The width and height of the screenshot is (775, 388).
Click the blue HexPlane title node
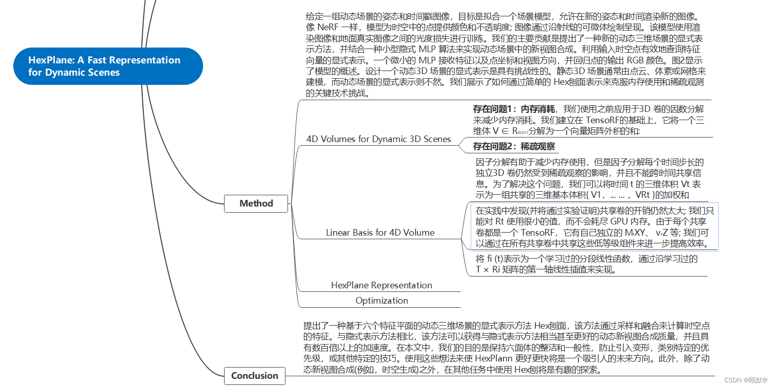[108, 66]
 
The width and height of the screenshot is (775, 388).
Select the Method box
[256, 203]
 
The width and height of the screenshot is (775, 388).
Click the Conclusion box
[254, 376]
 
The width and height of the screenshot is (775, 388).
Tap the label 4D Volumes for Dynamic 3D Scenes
[379, 139]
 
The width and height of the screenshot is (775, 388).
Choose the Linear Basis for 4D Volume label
[380, 233]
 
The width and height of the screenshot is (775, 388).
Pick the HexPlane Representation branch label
[381, 285]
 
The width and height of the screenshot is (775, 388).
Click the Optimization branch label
[382, 301]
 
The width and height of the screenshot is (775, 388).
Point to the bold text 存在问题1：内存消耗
[514, 109]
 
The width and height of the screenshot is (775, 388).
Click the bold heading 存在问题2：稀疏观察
[514, 147]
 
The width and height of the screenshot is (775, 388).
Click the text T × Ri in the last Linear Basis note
[488, 270]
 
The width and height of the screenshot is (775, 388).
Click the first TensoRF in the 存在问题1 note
[606, 121]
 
